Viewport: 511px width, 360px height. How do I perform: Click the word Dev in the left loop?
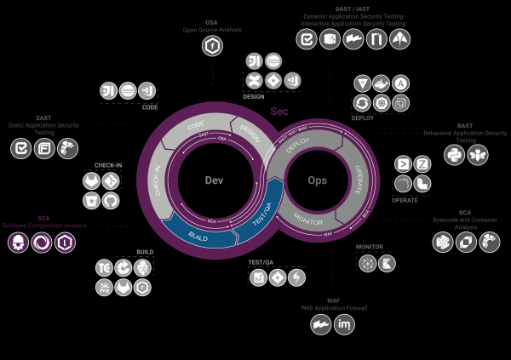coord(213,180)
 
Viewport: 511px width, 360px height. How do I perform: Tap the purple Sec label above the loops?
coord(278,111)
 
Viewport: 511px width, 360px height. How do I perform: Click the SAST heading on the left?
coord(43,118)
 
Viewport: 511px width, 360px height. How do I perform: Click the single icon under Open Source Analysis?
coord(210,48)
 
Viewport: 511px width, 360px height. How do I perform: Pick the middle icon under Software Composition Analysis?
coord(41,243)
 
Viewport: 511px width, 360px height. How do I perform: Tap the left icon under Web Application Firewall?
coord(320,324)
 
